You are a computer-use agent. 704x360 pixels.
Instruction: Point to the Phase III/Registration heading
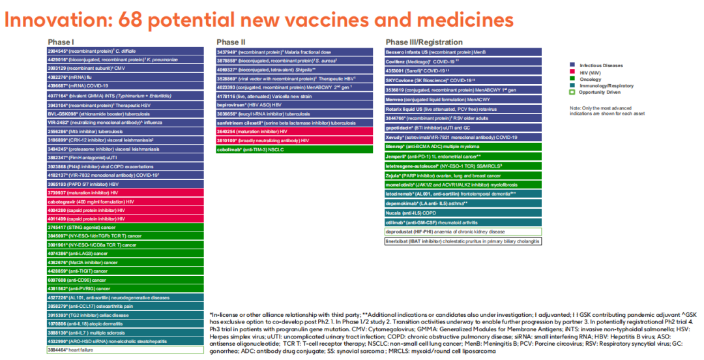(424, 42)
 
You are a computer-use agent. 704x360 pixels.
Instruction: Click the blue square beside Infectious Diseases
(572, 65)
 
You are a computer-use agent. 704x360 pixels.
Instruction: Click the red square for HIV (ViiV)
(572, 72)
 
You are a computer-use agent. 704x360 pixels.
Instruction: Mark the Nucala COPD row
(463, 213)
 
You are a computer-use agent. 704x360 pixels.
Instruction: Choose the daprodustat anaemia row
(463, 232)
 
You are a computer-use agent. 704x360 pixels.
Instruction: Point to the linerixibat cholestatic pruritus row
(463, 241)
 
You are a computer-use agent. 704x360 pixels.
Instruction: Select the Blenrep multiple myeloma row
(463, 147)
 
